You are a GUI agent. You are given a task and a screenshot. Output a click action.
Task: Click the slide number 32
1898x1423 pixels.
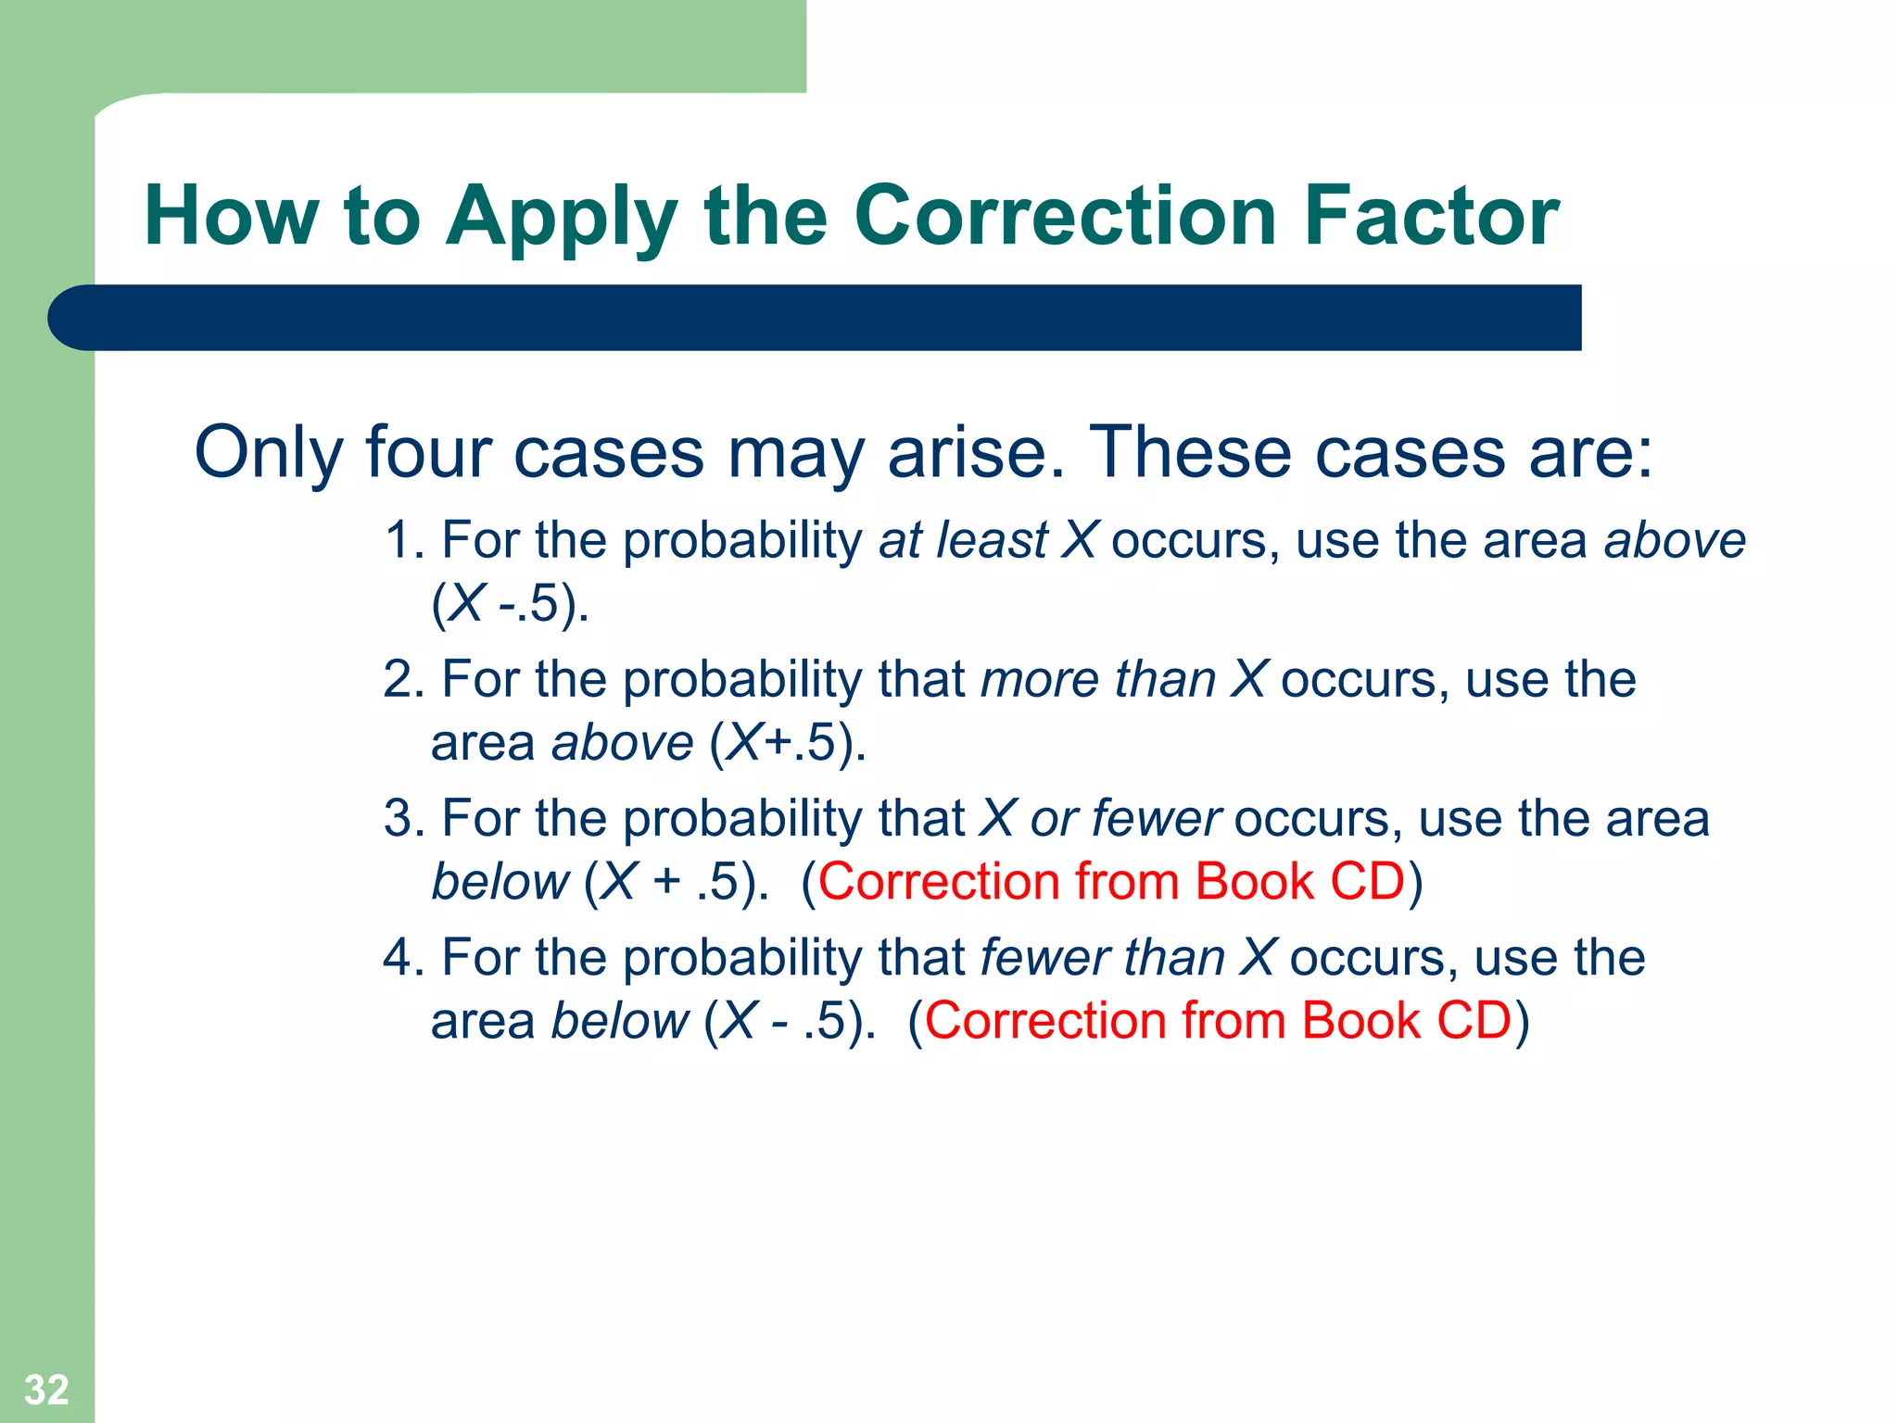46,1390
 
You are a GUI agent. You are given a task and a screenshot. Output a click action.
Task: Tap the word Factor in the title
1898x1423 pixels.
1431,216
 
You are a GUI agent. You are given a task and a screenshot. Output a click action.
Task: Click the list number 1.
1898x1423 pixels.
400,540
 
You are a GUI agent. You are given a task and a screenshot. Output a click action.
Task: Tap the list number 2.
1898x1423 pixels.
400,679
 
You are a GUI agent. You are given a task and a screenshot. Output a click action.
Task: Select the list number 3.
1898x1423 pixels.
400,819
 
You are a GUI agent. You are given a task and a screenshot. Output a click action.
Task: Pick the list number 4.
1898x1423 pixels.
400,958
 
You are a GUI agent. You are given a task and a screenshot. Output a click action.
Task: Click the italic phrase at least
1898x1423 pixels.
963,540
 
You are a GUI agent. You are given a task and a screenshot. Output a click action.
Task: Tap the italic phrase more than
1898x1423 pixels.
1097,679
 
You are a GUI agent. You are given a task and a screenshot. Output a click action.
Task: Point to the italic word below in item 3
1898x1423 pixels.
500,882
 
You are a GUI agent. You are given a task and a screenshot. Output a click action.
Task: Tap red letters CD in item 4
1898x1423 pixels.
1474,1021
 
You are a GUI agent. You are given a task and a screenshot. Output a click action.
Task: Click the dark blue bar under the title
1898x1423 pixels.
816,318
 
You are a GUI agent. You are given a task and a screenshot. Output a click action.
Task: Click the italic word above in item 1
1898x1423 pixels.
1675,540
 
